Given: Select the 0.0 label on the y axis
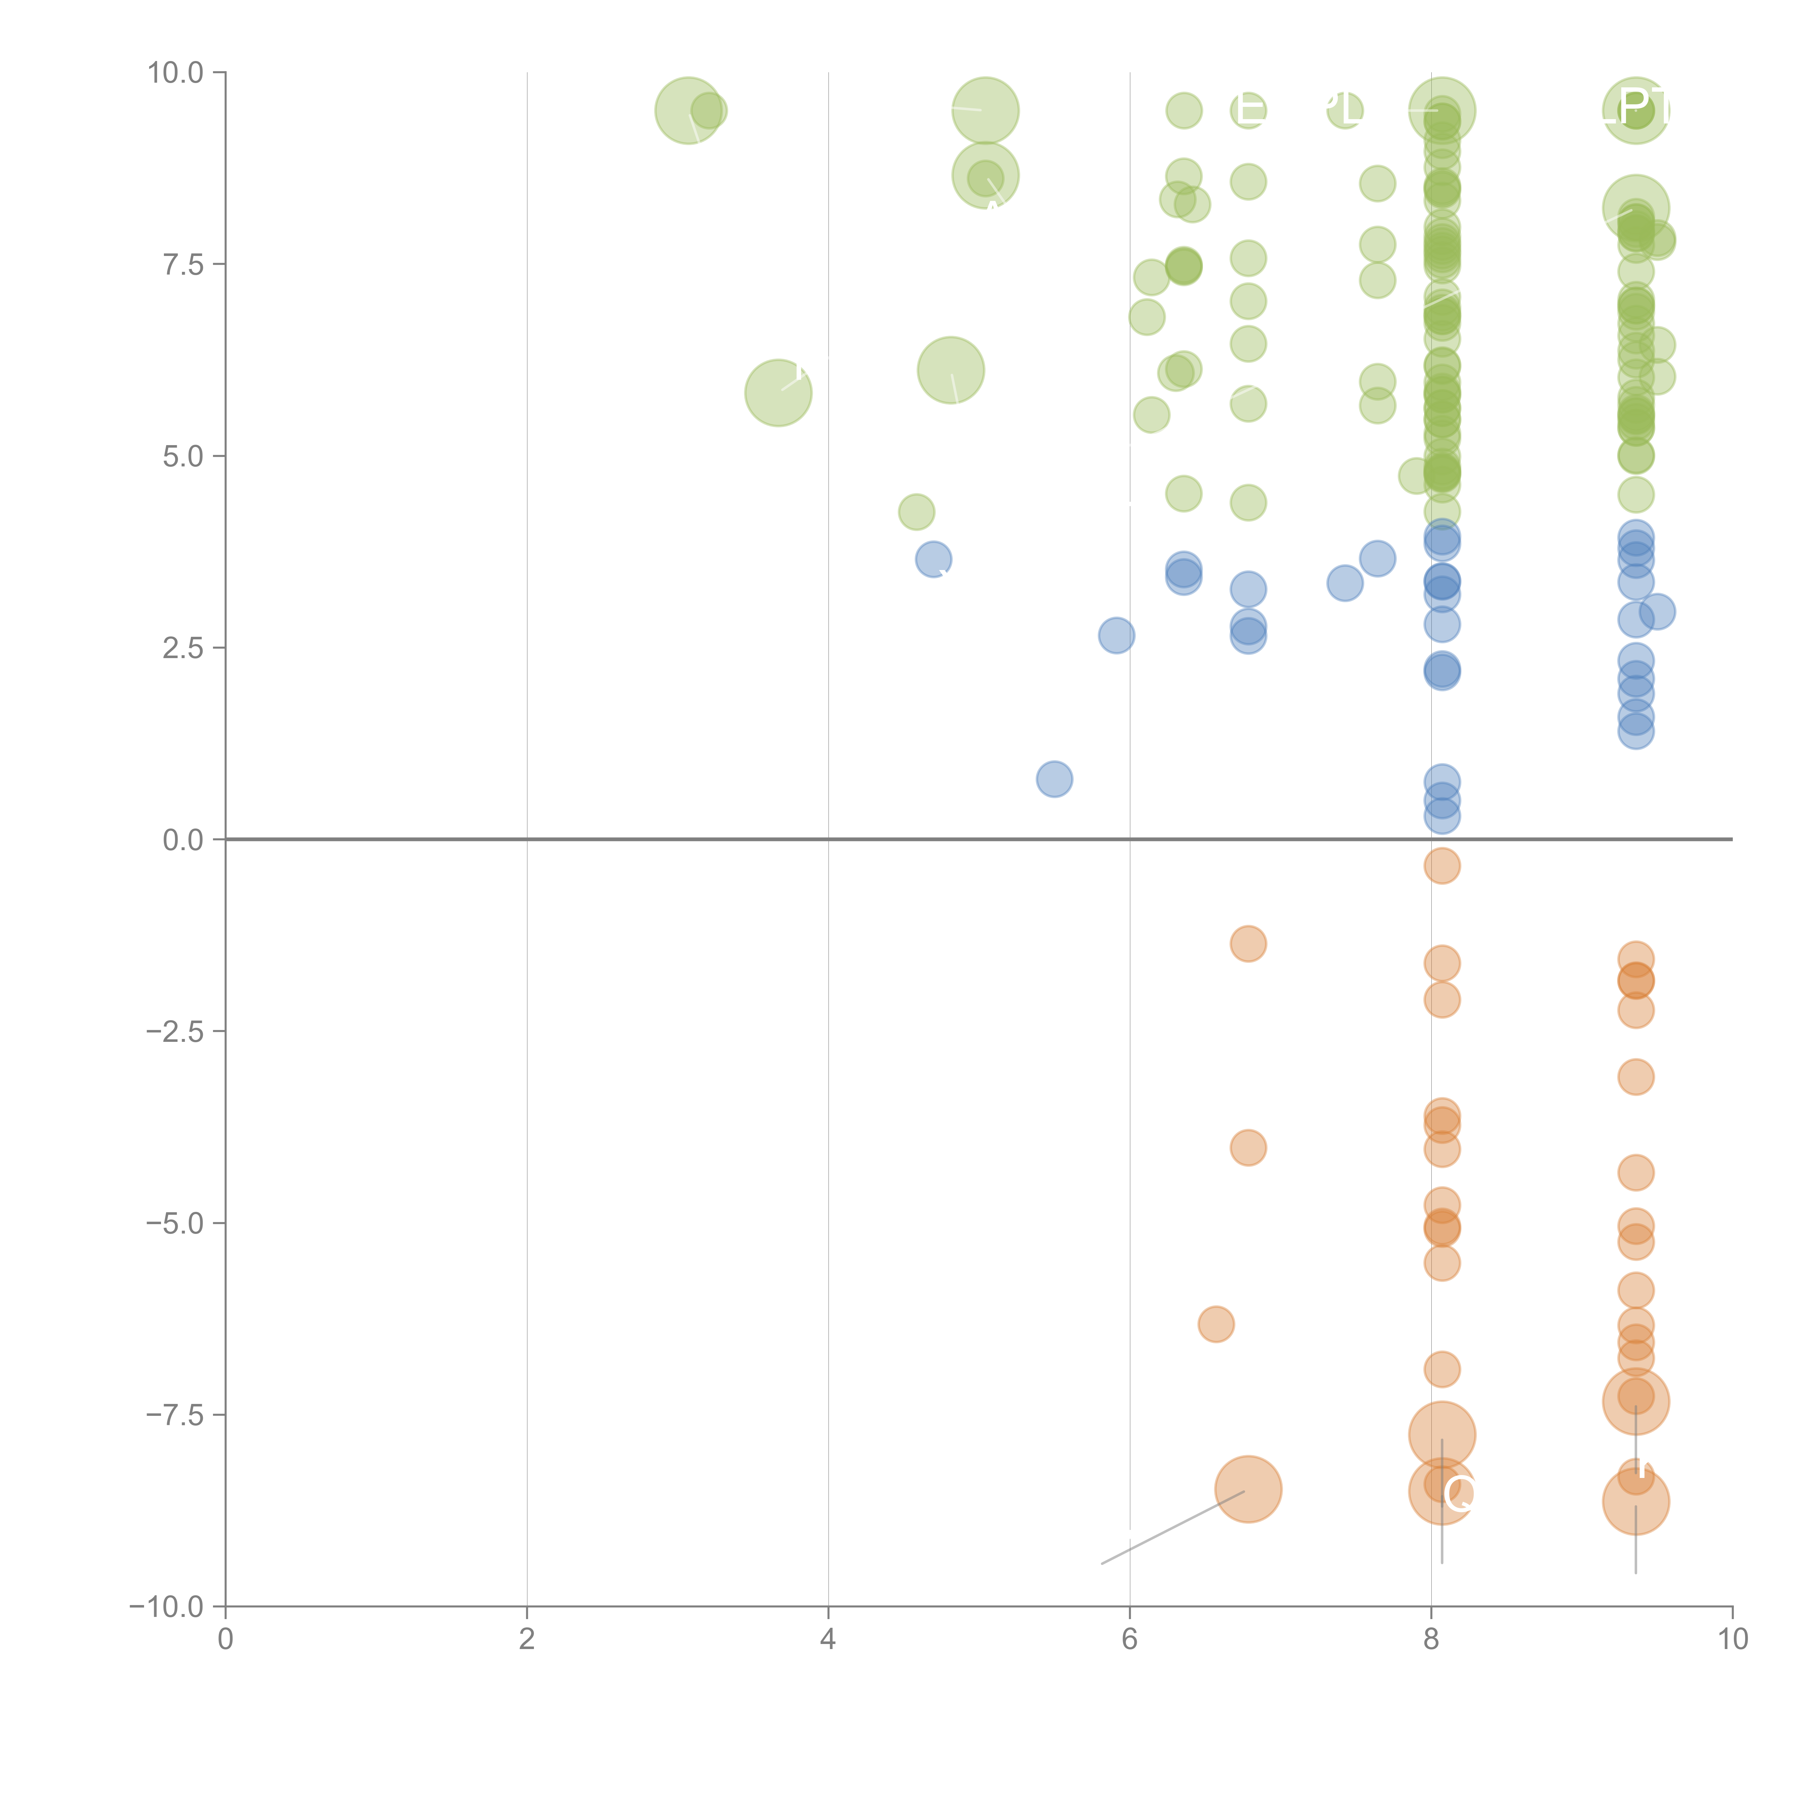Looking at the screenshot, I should click(x=183, y=840).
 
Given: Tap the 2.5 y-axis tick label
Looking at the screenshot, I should click(x=183, y=648).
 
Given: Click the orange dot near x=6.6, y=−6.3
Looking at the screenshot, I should click(x=1215, y=1324).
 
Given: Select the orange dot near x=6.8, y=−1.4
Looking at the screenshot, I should click(x=1248, y=944).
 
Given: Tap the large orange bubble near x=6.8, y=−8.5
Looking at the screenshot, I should click(x=1248, y=1489).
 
